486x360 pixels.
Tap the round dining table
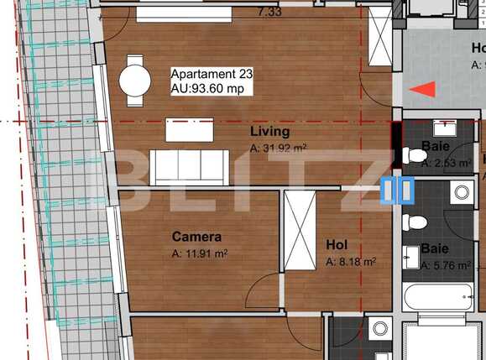(x=134, y=81)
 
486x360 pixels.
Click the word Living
(x=269, y=132)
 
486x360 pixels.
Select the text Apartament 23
(x=212, y=74)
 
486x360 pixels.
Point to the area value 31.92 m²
(x=279, y=148)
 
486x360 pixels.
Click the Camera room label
(x=196, y=237)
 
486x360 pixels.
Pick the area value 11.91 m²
(x=200, y=253)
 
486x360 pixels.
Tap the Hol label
(x=337, y=245)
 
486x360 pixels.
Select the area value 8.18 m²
(x=350, y=261)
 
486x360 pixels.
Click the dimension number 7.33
(x=269, y=11)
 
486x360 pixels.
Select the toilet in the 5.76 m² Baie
(x=414, y=222)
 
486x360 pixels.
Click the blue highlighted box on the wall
(x=396, y=191)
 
